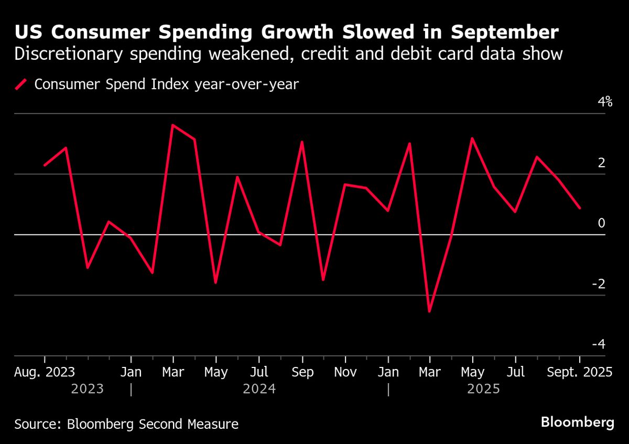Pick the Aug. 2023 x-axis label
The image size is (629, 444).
[x=45, y=372]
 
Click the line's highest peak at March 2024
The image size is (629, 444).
[x=173, y=125]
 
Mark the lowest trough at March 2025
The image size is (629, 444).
[x=430, y=311]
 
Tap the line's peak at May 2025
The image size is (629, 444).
[x=472, y=138]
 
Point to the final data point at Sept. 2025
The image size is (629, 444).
[x=580, y=208]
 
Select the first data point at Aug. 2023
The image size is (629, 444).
[x=45, y=165]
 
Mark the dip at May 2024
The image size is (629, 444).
[x=215, y=283]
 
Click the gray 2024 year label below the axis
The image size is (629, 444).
[x=259, y=389]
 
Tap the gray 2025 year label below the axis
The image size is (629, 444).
[x=483, y=389]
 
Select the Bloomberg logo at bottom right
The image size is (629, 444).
[x=577, y=423]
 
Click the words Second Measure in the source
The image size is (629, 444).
[x=189, y=424]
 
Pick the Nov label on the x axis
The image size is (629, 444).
[x=345, y=372]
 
